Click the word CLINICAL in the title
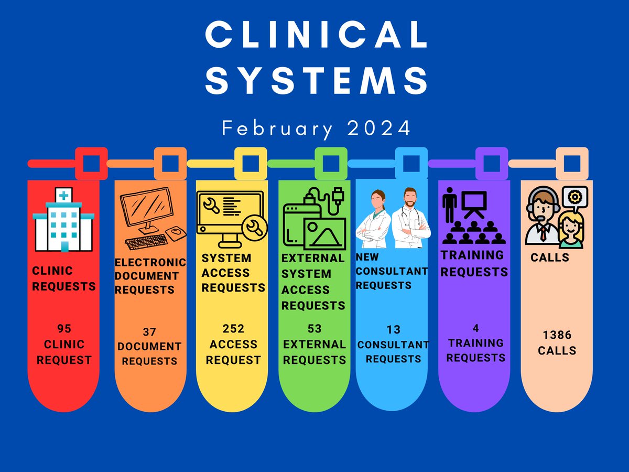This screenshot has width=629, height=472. point(317,34)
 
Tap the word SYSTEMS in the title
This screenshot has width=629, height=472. point(317,80)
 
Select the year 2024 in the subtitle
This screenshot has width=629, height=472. point(379,128)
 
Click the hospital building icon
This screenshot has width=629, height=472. point(63,220)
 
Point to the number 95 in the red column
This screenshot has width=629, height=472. point(64,328)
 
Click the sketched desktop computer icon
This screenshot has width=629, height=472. point(153,218)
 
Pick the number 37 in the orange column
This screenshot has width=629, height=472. point(149,332)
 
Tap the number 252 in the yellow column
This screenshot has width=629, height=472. point(233,328)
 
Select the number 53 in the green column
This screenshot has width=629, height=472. point(314,328)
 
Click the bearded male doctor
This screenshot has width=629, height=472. point(410,218)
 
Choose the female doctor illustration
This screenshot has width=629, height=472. point(374,219)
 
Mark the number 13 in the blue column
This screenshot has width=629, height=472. point(393,329)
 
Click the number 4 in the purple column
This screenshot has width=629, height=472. point(476,328)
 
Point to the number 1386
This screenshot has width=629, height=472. point(557,335)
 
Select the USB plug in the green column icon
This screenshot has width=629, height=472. point(339,195)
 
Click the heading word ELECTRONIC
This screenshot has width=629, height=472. point(150,262)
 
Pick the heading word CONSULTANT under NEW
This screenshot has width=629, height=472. point(392,271)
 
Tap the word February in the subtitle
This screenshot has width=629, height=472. point(277,129)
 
